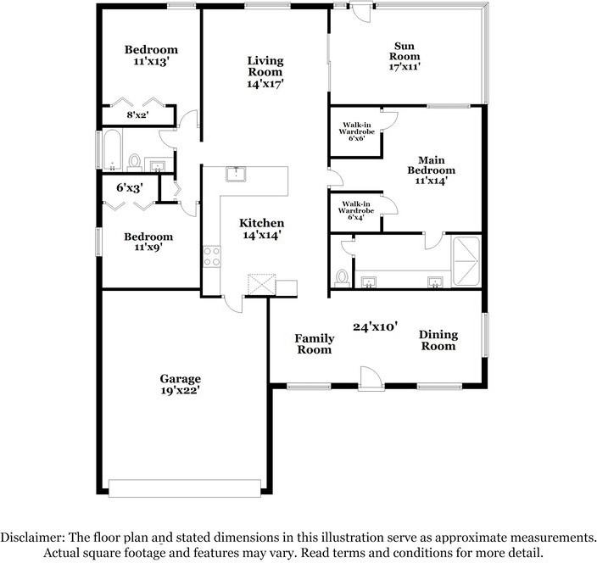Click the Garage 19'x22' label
click(x=180, y=384)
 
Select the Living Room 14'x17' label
click(x=265, y=72)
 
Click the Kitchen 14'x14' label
click(x=261, y=229)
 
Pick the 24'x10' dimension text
click(x=376, y=326)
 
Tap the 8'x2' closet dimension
click(x=137, y=114)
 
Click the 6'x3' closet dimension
click(x=130, y=187)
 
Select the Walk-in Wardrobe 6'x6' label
click(x=357, y=131)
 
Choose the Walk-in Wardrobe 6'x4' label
click(x=356, y=210)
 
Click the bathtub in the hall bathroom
click(x=112, y=150)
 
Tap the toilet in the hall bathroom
click(x=134, y=163)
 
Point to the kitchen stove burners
click(x=212, y=256)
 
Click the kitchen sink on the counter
click(x=236, y=174)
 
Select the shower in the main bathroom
click(x=466, y=261)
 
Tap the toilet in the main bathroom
click(x=342, y=278)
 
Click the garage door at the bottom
click(x=185, y=488)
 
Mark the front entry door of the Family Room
click(x=371, y=379)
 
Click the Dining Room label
click(x=438, y=340)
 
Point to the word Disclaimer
click(x=32, y=537)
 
